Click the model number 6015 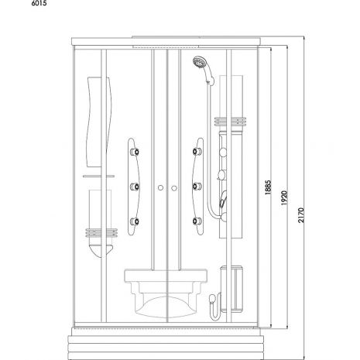tap(39, 3)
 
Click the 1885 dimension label tap(268, 187)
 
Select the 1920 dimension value tap(284, 198)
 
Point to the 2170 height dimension tap(301, 215)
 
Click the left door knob tap(160, 188)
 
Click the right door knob tap(174, 188)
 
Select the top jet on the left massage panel tap(135, 152)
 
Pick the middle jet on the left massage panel tap(135, 187)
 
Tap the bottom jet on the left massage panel tap(135, 221)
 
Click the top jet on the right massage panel tap(197, 152)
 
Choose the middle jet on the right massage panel tap(197, 186)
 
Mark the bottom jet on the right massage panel tap(197, 221)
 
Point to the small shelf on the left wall tap(98, 177)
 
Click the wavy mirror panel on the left tap(99, 122)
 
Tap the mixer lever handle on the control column tap(223, 199)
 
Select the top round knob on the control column tap(223, 153)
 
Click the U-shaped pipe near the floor tap(216, 307)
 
